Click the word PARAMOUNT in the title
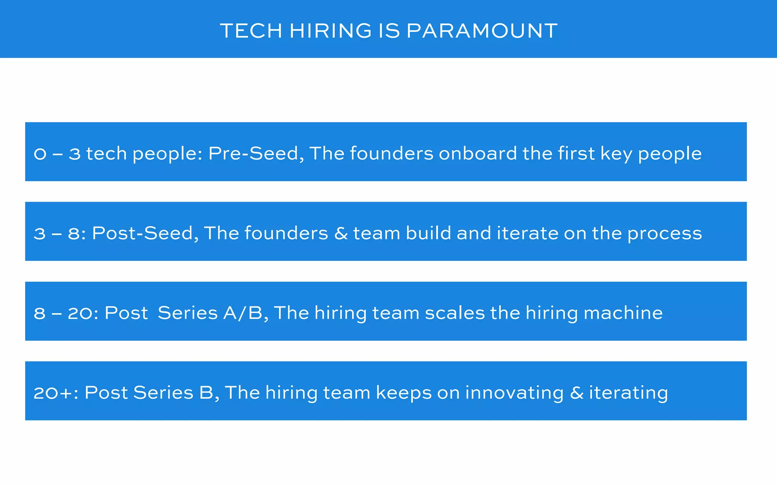point(482,31)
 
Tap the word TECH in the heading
point(251,31)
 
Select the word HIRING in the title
point(330,31)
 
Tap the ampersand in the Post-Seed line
point(341,233)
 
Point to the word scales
point(455,313)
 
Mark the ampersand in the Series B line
point(576,393)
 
